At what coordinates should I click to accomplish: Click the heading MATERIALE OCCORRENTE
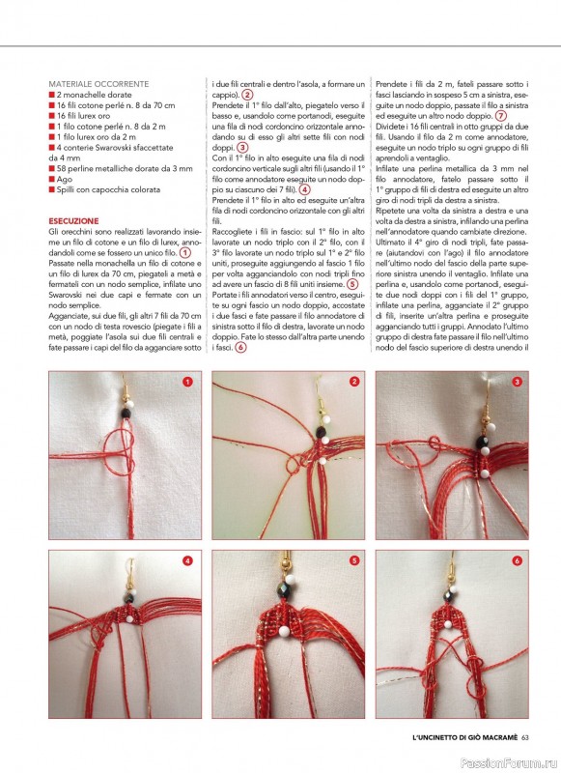coord(98,84)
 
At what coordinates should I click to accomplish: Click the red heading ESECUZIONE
coord(73,221)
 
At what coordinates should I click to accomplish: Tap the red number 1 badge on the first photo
coord(187,382)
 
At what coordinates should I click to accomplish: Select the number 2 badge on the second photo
coord(353,381)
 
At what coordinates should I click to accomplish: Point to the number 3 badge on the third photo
coord(517,382)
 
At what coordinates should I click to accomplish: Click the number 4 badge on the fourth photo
coord(187,560)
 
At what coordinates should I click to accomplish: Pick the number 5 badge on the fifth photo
coord(353,560)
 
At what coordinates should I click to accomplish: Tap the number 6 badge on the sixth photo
coord(517,560)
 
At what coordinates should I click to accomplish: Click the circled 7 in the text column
coord(500,116)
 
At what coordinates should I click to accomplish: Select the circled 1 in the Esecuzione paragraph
coord(184,253)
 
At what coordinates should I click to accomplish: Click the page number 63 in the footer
coord(524,737)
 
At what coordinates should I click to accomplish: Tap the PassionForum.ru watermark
coord(508,762)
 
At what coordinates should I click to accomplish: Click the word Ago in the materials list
coord(64,179)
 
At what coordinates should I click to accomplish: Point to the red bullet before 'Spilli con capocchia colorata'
coord(51,189)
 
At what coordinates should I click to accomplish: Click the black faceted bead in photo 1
coord(126,414)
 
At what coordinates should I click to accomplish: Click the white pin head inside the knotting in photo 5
coord(284,631)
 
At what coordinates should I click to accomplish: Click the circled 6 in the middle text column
coord(240,347)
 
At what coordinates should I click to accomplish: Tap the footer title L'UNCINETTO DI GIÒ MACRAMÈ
coord(465,737)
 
